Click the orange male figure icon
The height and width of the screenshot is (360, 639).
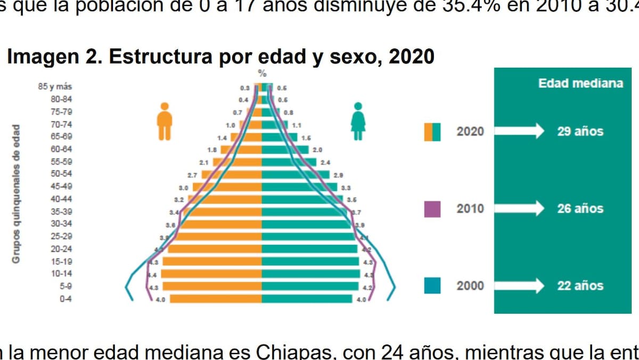point(165,121)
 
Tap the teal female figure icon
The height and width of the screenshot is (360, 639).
point(358,121)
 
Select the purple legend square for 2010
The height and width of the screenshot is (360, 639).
point(432,209)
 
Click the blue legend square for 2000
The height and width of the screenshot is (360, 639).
point(432,285)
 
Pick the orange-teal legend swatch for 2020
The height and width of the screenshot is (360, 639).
point(432,132)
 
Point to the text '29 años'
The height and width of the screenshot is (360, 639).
point(580,132)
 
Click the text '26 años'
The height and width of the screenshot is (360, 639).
point(580,209)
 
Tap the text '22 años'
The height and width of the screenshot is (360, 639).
point(580,285)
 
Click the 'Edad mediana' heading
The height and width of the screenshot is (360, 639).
point(580,84)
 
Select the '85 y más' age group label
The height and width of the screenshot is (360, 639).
point(55,87)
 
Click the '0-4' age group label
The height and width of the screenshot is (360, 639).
point(65,299)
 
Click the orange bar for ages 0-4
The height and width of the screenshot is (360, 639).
point(216,299)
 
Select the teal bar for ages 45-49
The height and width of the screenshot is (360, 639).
point(299,187)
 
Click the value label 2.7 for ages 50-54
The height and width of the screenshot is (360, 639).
point(192,175)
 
